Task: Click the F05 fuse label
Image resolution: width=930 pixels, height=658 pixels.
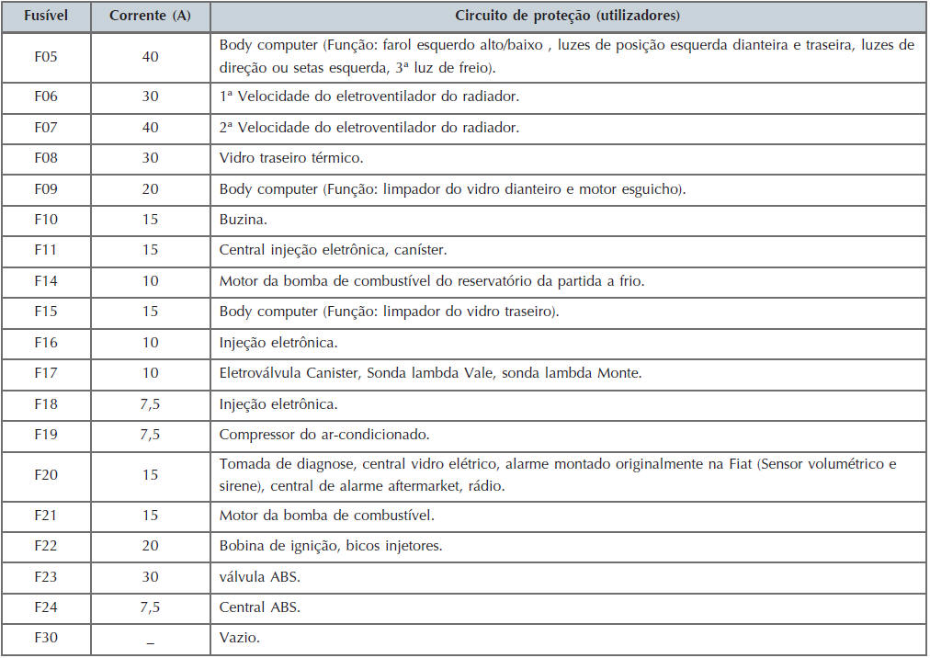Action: [45, 57]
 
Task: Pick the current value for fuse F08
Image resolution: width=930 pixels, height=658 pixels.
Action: [150, 158]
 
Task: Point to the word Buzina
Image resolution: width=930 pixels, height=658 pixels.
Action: [240, 220]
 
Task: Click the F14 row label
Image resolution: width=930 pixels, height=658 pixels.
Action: [45, 281]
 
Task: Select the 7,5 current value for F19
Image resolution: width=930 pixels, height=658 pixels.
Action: [150, 435]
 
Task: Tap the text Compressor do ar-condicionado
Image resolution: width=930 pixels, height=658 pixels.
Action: [324, 435]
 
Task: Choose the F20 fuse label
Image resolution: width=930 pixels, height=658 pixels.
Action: [45, 475]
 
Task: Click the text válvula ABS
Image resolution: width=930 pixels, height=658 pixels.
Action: [259, 577]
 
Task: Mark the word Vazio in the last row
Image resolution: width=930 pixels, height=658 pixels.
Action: [239, 638]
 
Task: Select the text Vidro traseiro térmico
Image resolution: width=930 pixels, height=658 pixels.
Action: [291, 158]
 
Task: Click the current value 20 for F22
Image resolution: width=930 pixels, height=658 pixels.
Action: [150, 546]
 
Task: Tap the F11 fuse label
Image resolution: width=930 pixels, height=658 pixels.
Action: [45, 250]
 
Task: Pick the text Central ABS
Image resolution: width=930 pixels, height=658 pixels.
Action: [260, 607]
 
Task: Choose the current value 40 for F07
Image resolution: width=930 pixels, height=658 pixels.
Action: [150, 128]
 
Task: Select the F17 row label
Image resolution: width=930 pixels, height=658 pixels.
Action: [45, 373]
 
